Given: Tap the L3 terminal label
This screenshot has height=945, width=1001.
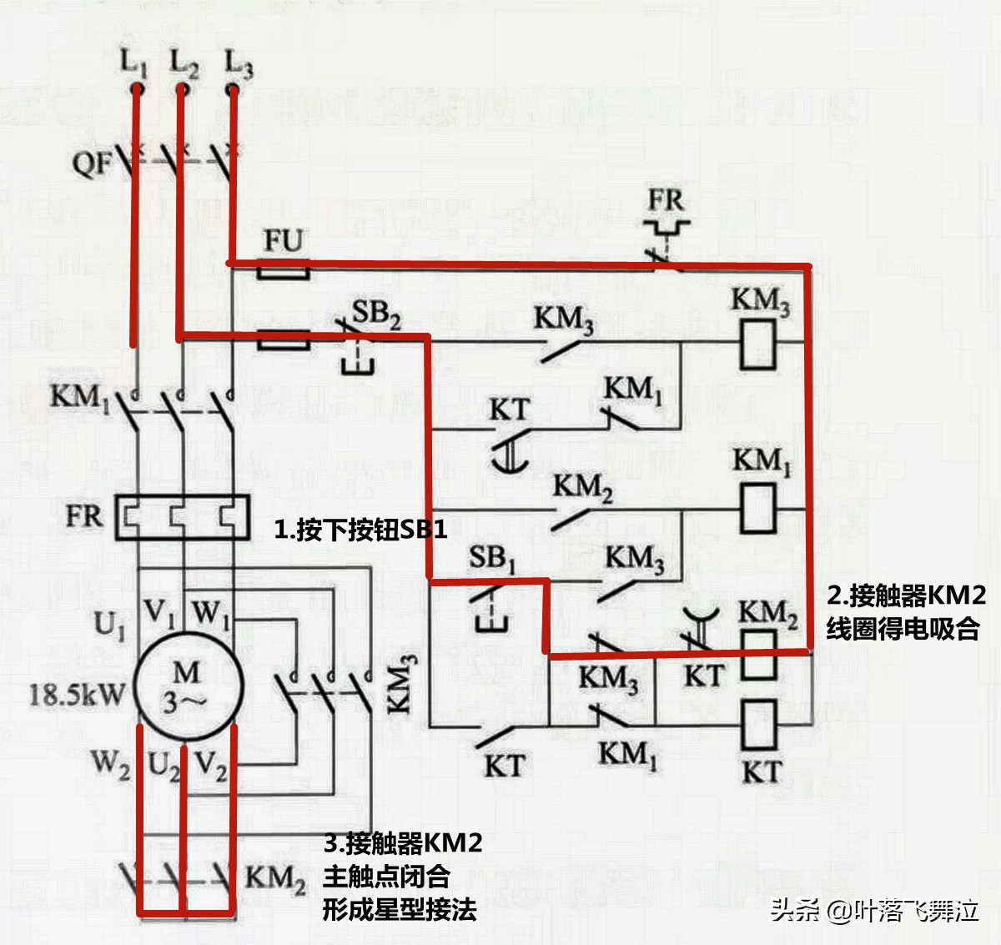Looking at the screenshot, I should tap(239, 63).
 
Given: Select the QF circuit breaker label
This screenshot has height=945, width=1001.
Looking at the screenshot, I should tap(91, 162).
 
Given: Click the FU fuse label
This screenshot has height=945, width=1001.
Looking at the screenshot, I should tap(283, 241).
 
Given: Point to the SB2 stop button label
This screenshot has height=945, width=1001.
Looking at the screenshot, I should tap(375, 314).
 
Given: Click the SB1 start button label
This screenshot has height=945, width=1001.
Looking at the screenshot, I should tap(491, 558).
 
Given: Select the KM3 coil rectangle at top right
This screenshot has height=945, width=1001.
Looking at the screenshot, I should tap(758, 345).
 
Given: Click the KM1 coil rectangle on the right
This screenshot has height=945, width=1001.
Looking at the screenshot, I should tap(758, 509).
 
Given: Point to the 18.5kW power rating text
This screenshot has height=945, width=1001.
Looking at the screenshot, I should tap(77, 695).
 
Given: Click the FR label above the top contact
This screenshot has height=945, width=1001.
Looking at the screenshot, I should tap(666, 200).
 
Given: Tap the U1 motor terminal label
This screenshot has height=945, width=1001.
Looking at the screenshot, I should tap(109, 624).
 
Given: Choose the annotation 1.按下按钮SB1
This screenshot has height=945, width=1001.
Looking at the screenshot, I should tap(360, 529).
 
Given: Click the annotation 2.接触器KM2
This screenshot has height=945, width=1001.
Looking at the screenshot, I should tap(906, 596).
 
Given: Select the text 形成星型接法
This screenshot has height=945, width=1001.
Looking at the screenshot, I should tap(400, 909).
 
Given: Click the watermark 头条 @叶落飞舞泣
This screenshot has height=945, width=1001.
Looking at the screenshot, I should tap(874, 909).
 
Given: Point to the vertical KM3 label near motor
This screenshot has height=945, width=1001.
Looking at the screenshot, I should tap(400, 684).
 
